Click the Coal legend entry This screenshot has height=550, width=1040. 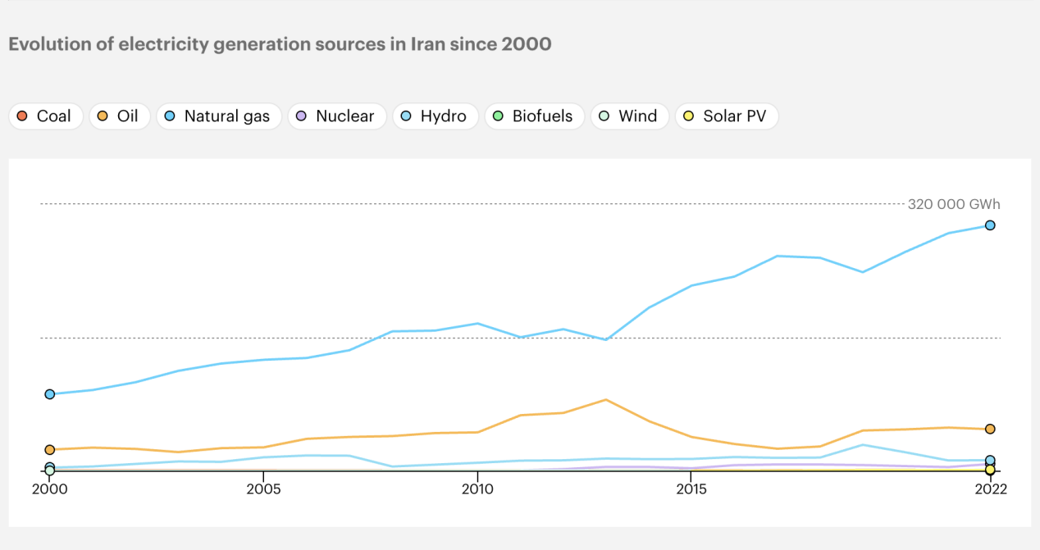point(46,116)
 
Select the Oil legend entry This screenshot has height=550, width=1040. point(119,116)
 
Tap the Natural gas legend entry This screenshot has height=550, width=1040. point(218,116)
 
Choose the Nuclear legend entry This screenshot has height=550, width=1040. point(336,116)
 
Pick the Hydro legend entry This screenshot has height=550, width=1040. point(435,116)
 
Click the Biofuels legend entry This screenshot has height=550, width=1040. point(534,116)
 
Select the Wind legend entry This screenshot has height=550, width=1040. point(629,116)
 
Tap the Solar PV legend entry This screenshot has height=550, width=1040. point(726,116)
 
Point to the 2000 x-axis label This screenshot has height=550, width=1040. point(49,489)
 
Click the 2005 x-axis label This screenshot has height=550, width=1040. point(262,489)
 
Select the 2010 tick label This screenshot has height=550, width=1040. point(477,489)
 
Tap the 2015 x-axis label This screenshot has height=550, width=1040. point(691,489)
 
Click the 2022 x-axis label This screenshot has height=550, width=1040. point(990,489)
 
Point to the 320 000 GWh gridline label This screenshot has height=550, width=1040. point(954,205)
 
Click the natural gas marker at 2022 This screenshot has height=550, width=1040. point(990,225)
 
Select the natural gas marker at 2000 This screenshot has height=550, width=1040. point(50,394)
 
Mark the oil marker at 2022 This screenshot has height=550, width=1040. point(990,429)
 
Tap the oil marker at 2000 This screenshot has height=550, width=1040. point(50,450)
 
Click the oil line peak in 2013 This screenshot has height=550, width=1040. point(605,400)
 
